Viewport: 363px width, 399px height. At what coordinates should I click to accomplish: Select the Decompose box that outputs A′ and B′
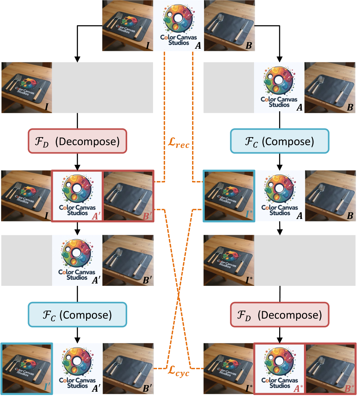(77, 141)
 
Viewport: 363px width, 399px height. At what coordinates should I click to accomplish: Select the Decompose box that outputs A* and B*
(280, 314)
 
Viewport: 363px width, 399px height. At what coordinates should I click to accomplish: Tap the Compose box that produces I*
(280, 141)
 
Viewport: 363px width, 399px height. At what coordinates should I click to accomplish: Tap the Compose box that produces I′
(77, 314)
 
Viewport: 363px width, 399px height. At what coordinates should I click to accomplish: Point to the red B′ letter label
(148, 217)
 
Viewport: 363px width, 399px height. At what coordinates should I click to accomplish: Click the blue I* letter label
(248, 217)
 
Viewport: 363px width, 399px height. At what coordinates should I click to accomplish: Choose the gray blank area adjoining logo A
(229, 87)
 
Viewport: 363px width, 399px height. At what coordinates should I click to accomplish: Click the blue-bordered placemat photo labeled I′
(27, 368)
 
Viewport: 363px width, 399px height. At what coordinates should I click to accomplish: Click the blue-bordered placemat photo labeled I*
(229, 196)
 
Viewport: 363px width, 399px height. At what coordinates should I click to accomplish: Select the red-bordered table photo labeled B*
(330, 368)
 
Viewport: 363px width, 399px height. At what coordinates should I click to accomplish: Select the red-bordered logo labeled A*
(279, 368)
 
